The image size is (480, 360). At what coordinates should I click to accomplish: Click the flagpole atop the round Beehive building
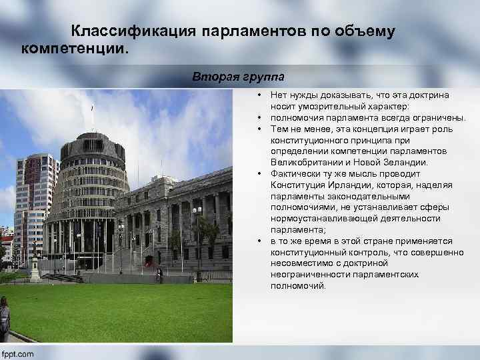[93, 117]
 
